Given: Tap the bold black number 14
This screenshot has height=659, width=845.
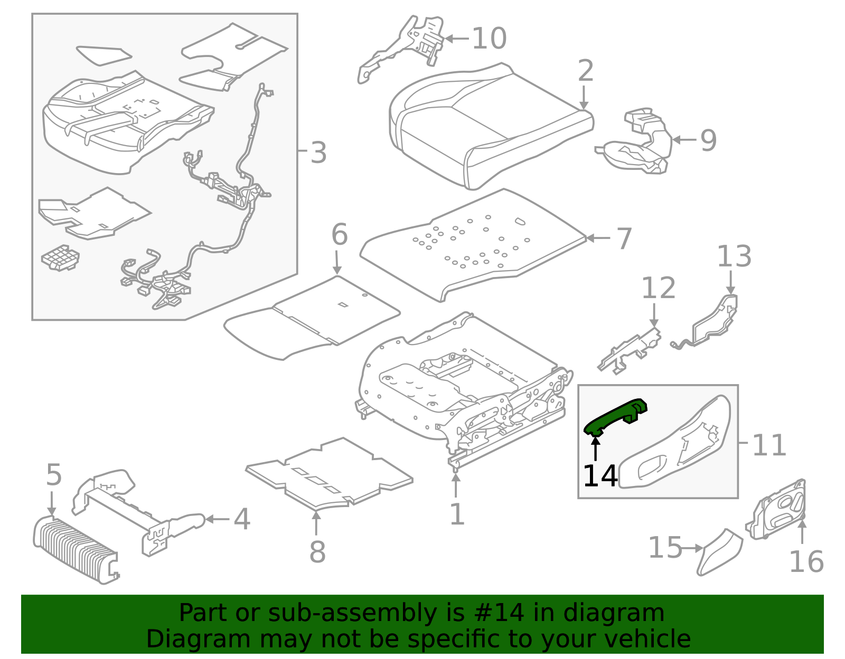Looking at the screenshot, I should click(599, 476).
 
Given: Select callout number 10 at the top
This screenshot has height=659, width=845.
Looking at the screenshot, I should click(489, 39).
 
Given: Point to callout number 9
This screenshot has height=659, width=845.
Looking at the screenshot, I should click(708, 140).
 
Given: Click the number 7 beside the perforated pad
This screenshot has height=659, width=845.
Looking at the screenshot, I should click(624, 238).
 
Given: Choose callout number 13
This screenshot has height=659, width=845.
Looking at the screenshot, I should click(734, 257).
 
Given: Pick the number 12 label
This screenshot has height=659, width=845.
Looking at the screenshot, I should click(658, 288).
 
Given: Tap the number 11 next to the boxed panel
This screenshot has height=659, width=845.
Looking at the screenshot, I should click(768, 445).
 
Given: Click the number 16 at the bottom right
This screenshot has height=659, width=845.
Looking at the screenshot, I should click(806, 561).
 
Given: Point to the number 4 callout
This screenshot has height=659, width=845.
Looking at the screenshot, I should click(241, 520).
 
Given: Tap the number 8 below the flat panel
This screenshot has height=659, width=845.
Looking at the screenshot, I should click(317, 552).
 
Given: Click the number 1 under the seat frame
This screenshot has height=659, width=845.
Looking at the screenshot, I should click(456, 514).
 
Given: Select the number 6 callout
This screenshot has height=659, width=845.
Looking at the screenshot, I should click(339, 235).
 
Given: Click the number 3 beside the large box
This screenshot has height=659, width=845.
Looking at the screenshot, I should click(318, 153).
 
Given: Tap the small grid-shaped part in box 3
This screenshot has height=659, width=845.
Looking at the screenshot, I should click(60, 258).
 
